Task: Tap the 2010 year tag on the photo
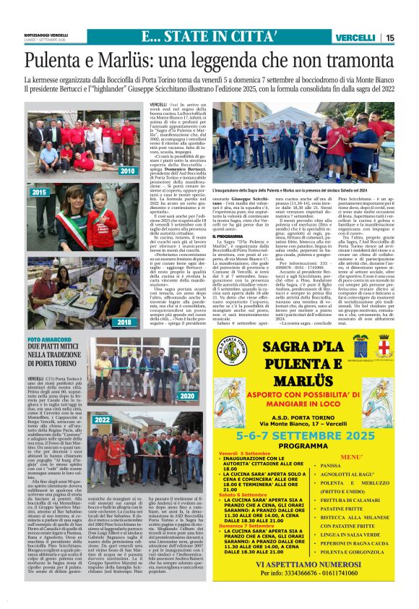(127, 171)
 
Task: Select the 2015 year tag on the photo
(39, 192)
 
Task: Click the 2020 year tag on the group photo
(186, 396)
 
